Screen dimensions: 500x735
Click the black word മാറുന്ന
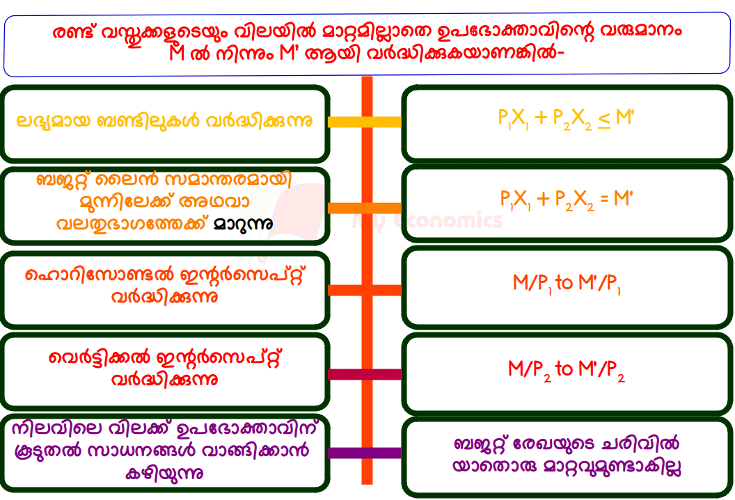tap(243, 225)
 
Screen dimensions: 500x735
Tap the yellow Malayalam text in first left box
tap(164, 121)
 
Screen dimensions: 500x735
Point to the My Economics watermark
tap(427, 221)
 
